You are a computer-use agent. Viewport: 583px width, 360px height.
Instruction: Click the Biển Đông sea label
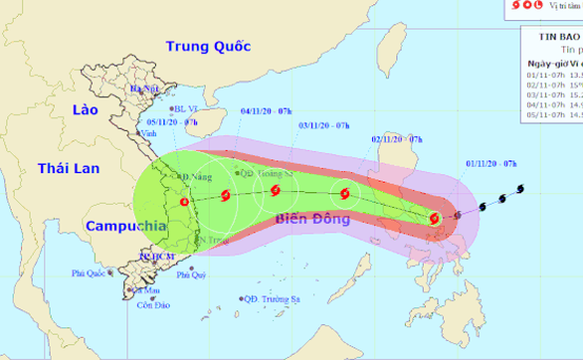(x=316, y=218)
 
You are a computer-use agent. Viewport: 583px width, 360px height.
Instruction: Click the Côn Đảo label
(x=154, y=305)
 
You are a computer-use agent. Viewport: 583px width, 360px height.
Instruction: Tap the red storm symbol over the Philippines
(x=434, y=218)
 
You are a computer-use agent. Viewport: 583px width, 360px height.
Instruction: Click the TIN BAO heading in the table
(x=552, y=34)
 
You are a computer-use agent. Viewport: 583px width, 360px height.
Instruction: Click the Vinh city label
(x=150, y=132)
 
